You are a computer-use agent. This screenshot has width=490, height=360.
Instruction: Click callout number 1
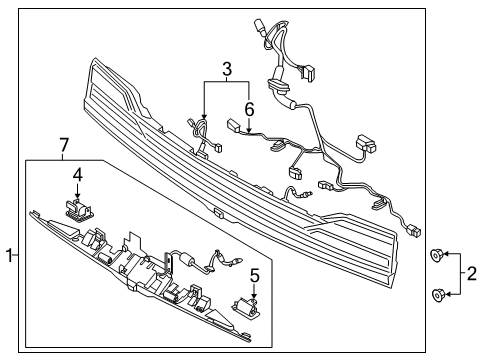click(x=10, y=255)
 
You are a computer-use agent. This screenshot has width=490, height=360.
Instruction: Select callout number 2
click(x=472, y=274)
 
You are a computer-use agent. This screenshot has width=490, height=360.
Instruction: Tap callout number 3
click(x=227, y=69)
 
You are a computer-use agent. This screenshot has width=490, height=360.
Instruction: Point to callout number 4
click(x=78, y=175)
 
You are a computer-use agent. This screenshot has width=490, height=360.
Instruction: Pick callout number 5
click(x=254, y=276)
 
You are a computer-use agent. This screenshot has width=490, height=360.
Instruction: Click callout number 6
click(x=249, y=109)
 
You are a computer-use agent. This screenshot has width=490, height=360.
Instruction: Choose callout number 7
click(x=63, y=146)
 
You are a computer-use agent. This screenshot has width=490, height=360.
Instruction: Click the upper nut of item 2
click(x=436, y=255)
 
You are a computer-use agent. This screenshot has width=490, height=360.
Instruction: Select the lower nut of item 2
click(x=437, y=295)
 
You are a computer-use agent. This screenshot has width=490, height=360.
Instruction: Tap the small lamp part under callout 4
click(x=79, y=209)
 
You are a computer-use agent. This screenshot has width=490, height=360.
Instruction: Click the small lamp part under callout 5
click(x=246, y=307)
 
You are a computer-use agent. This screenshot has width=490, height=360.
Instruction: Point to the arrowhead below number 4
click(x=78, y=197)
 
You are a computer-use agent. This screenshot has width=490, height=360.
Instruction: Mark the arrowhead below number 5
click(x=254, y=296)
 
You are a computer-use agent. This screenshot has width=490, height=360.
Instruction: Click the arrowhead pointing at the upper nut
click(x=446, y=254)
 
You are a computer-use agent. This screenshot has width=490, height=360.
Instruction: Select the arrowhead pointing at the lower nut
click(x=448, y=294)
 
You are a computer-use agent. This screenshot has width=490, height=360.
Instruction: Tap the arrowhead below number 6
click(x=249, y=131)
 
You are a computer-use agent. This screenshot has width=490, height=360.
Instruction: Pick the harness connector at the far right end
click(x=414, y=231)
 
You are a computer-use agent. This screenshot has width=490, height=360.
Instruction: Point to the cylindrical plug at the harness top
click(x=260, y=27)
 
